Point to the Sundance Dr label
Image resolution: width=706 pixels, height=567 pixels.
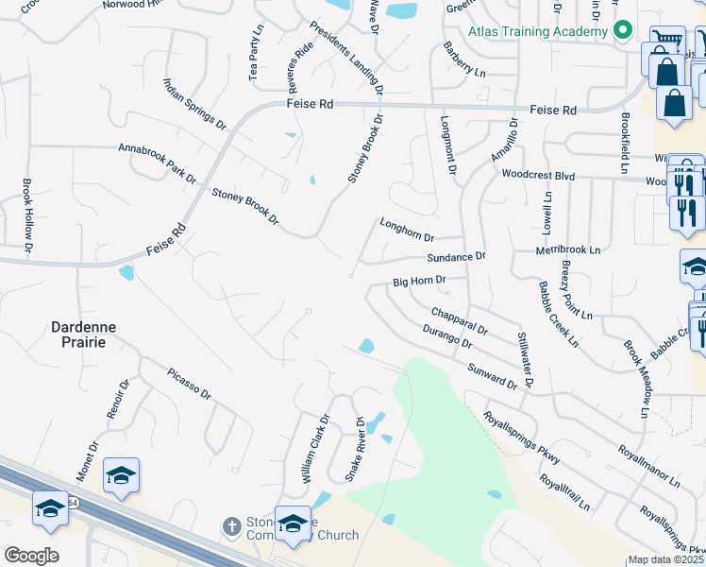[456, 257]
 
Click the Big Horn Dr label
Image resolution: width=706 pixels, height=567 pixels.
[418, 282]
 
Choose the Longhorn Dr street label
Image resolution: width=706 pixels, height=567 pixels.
[407, 231]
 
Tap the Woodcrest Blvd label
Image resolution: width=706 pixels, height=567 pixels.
[538, 175]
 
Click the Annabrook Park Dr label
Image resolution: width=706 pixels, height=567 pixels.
[157, 163]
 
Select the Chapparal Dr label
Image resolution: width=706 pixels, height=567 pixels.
[459, 321]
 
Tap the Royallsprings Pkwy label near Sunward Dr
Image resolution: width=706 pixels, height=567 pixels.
[521, 438]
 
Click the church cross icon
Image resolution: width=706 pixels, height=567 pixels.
[231, 525]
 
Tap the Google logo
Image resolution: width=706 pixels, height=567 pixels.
[31, 556]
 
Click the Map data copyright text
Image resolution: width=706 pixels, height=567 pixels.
[665, 559]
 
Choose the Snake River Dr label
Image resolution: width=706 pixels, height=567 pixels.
[354, 449]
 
